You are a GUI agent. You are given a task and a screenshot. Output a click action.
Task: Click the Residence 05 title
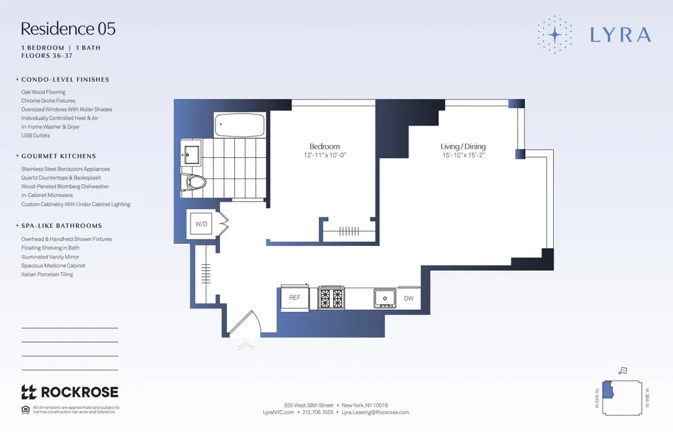point(68,29)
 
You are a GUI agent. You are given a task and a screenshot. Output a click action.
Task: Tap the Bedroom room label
point(324,147)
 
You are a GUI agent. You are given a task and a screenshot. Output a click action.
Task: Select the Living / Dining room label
point(463,147)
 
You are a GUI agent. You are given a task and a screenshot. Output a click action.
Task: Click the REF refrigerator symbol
point(295,297)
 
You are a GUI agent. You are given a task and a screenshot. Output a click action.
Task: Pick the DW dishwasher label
point(409,297)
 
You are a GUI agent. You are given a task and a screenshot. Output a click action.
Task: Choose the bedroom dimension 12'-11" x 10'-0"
point(324,156)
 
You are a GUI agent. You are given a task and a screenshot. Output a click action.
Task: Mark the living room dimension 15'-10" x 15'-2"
point(463,156)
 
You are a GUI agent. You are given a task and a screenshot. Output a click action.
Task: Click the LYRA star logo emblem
point(555,34)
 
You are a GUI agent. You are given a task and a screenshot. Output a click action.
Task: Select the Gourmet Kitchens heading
point(59,156)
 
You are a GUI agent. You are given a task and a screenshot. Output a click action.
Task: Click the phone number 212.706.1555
point(318,412)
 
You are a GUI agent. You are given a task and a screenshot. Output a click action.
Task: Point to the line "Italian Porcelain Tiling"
point(47,274)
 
